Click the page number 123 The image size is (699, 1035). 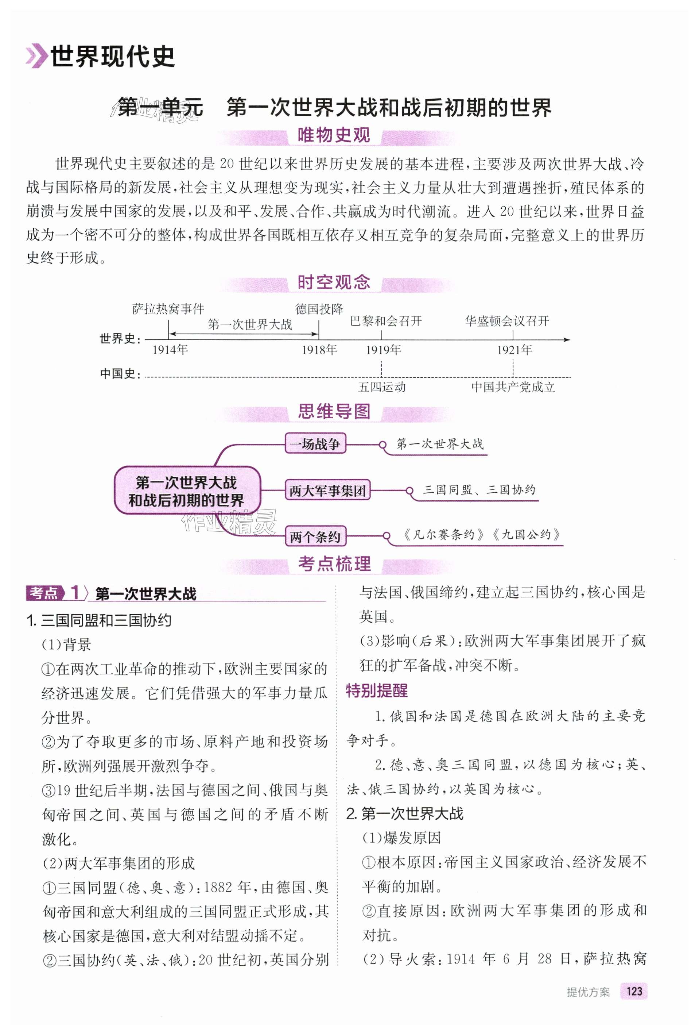point(634,990)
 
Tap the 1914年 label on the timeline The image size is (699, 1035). point(170,350)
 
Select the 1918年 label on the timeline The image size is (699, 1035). point(319,350)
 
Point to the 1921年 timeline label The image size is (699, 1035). point(514,350)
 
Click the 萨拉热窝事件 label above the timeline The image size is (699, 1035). point(168,309)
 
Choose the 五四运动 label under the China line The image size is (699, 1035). point(382,387)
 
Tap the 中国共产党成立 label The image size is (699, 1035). point(513,387)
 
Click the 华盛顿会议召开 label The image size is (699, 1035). point(507,321)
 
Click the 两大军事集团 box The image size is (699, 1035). point(327,491)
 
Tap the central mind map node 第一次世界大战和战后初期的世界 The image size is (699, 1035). point(187,491)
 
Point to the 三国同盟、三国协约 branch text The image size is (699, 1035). point(479,490)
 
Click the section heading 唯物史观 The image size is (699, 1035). point(334,135)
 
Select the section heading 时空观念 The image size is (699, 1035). point(334,282)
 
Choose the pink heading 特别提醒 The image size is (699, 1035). point(376,691)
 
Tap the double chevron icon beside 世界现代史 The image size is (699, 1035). point(36,57)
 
